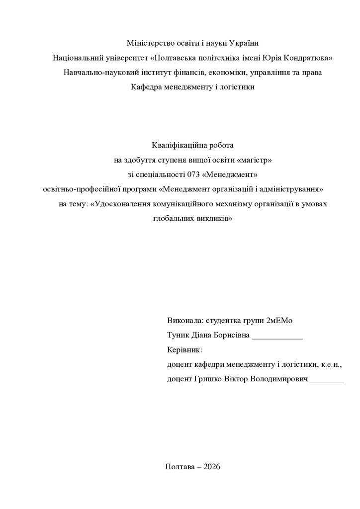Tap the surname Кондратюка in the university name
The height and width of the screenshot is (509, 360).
pyautogui.click(x=307, y=58)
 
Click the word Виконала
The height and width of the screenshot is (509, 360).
pyautogui.click(x=185, y=320)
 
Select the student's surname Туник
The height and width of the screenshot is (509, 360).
pyautogui.click(x=179, y=335)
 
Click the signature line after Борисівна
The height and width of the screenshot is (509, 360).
pyautogui.click(x=277, y=337)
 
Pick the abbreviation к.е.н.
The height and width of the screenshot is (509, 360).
pyautogui.click(x=331, y=364)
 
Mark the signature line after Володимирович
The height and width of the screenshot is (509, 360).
pyautogui.click(x=327, y=381)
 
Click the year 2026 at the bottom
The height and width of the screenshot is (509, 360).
pyautogui.click(x=211, y=466)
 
